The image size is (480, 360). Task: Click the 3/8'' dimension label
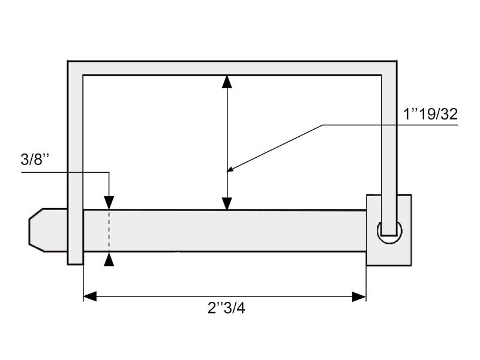click(36, 161)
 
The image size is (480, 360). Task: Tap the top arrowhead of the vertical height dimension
click(227, 82)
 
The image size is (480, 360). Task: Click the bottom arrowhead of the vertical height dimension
click(227, 203)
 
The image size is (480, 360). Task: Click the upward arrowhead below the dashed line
click(109, 259)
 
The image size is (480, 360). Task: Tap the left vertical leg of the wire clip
click(75, 150)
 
